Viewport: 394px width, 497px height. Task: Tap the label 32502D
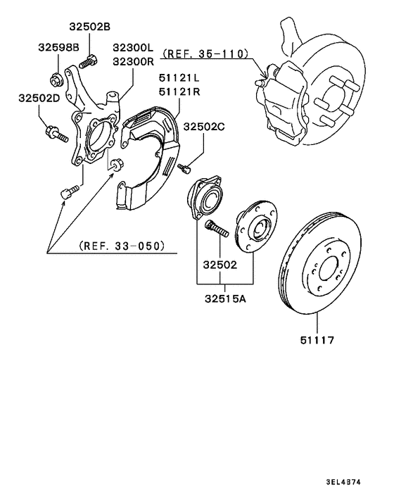[x=39, y=99]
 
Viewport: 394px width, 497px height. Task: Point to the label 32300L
[x=133, y=48]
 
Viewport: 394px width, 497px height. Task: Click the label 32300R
[x=133, y=61]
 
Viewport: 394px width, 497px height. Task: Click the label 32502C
[x=204, y=127]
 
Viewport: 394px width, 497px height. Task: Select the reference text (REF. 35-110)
[x=204, y=54]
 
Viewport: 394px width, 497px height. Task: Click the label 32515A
[x=225, y=298]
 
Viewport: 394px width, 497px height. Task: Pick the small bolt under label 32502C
[x=185, y=168]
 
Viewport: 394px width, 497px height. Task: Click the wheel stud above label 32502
[x=216, y=229]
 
